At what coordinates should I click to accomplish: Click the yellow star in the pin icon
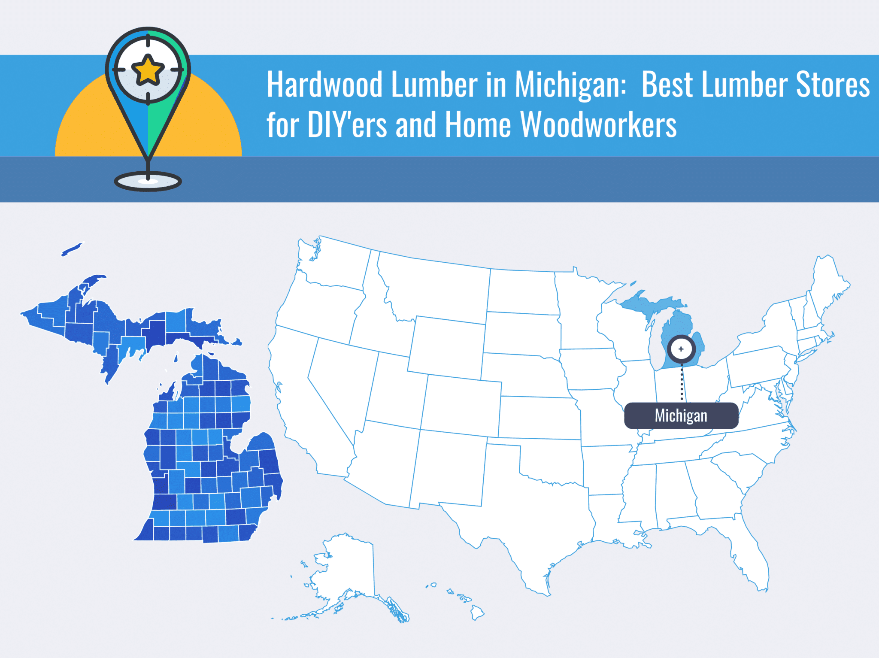coord(148,70)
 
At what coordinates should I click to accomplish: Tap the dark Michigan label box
coord(681,415)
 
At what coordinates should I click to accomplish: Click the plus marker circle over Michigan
coord(681,349)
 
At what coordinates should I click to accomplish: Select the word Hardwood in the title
coord(324,85)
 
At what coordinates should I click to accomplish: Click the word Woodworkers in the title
coord(598,125)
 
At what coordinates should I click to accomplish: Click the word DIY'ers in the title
coord(347,125)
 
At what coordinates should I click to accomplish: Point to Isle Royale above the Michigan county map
coord(72,249)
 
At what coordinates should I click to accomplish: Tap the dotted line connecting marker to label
coord(682,382)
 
